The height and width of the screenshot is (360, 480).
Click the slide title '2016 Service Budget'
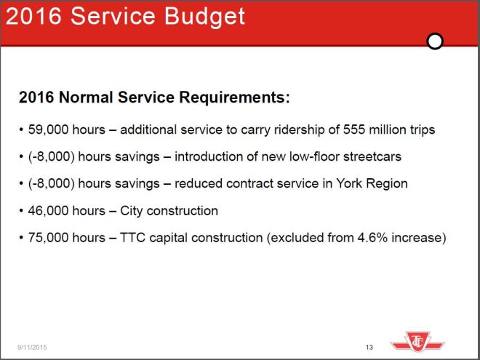(x=124, y=17)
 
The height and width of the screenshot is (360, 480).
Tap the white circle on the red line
(x=435, y=41)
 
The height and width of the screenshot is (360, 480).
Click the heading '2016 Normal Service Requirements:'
(x=154, y=97)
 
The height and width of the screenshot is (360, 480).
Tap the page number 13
(x=369, y=348)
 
